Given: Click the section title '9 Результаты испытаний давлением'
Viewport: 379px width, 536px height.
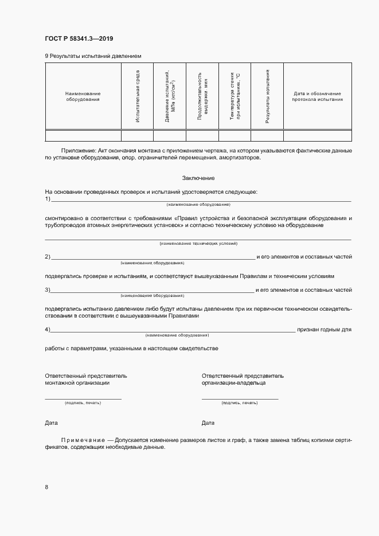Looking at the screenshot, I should (x=92, y=56).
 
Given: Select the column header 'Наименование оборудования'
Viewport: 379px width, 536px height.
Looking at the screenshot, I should (x=83, y=96).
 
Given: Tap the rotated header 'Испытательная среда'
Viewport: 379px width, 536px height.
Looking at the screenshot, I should (x=138, y=96).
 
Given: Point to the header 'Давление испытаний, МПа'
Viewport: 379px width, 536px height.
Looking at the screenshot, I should (x=169, y=96).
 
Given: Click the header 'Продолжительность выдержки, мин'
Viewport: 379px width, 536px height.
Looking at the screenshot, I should (x=202, y=96).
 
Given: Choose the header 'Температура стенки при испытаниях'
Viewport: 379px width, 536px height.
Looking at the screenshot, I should (x=235, y=96).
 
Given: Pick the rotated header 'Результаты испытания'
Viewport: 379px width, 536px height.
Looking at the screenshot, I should (x=267, y=96).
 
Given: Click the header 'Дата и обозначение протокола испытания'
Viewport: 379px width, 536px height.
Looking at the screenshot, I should (x=317, y=96).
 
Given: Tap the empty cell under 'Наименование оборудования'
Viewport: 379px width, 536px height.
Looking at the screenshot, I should (x=83, y=136).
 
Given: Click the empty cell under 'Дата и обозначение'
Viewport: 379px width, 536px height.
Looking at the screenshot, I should (x=317, y=136).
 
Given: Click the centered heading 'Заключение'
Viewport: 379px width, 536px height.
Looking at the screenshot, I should (x=198, y=178).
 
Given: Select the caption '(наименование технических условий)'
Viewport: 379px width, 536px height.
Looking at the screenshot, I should (x=198, y=244).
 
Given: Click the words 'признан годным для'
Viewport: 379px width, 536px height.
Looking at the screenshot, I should (x=325, y=330).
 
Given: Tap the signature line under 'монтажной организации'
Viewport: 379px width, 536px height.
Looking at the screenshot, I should (x=83, y=398).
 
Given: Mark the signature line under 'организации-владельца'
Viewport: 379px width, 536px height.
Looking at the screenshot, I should (x=240, y=398).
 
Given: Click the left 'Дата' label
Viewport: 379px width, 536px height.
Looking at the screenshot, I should (x=51, y=423).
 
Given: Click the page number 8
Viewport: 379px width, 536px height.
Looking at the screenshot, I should (x=46, y=487).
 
